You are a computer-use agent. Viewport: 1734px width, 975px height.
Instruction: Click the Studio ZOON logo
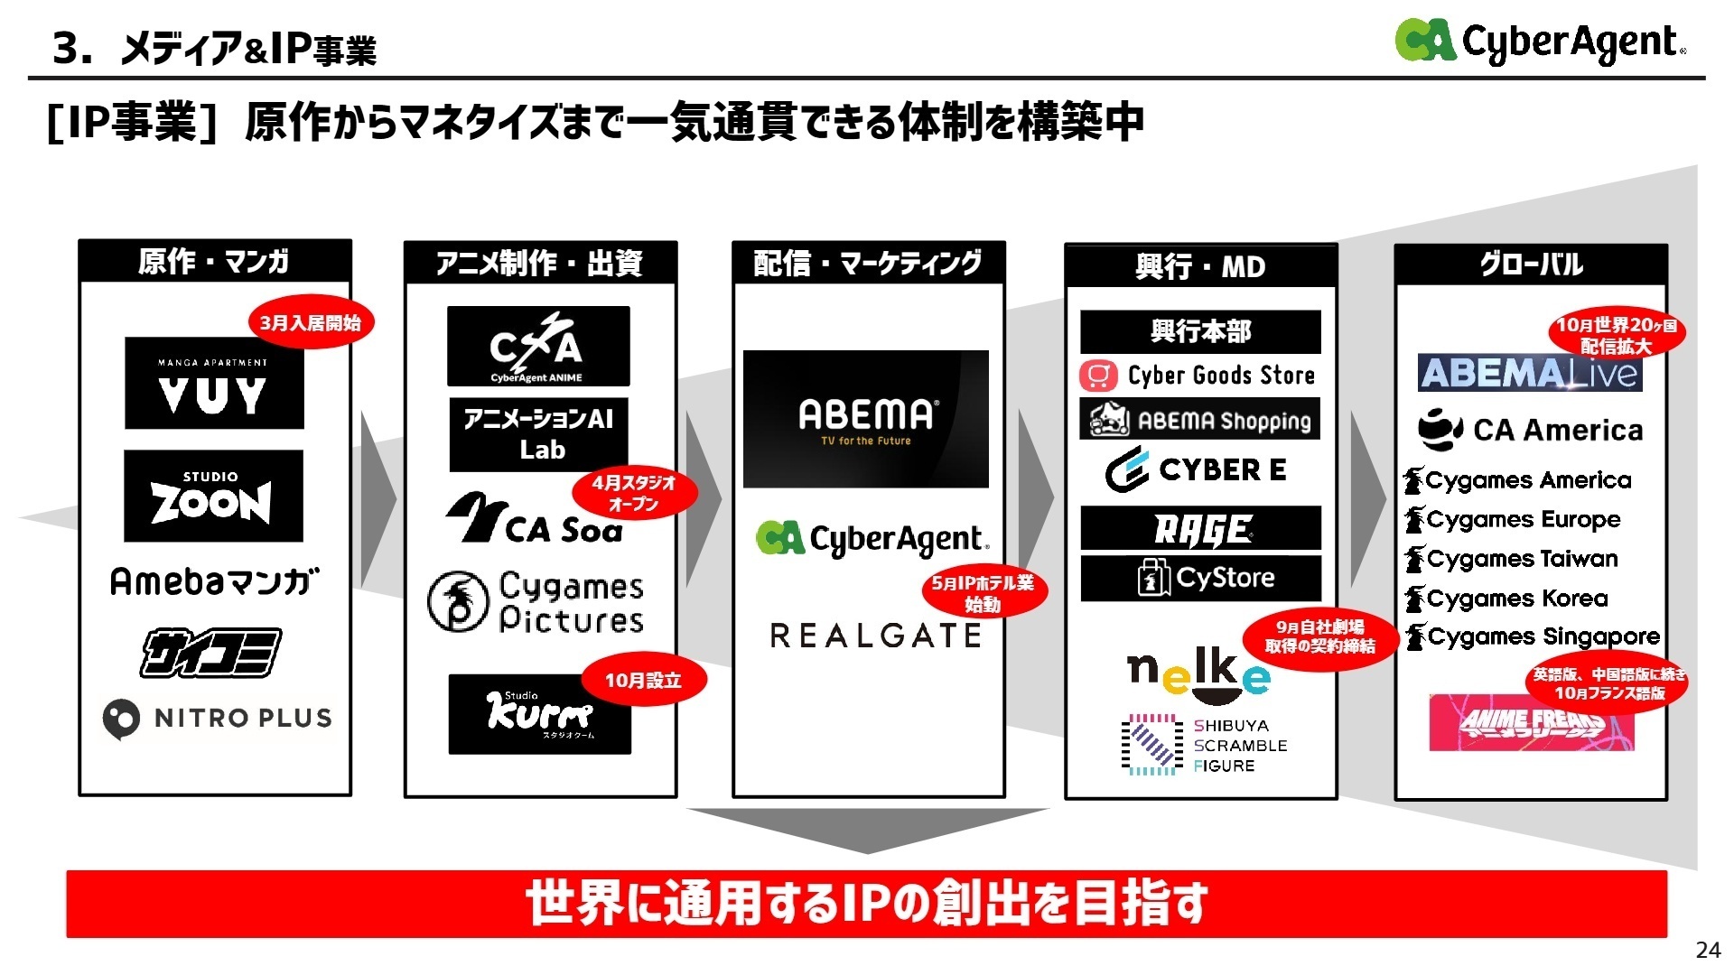pos(213,496)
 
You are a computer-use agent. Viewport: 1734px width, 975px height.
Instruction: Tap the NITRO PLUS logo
pos(217,719)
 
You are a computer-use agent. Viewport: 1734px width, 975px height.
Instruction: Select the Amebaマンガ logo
pos(214,581)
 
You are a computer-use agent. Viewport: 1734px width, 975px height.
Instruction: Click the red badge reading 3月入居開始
pos(310,322)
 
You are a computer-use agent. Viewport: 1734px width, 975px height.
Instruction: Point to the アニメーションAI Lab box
pos(539,434)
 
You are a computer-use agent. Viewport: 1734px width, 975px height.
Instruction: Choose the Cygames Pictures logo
pos(536,602)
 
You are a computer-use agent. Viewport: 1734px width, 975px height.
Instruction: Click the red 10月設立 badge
pos(642,680)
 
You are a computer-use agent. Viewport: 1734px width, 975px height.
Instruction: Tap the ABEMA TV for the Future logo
pos(865,419)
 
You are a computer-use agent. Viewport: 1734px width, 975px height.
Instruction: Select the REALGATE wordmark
pos(875,636)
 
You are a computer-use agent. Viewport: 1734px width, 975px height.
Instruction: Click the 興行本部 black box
pos(1200,331)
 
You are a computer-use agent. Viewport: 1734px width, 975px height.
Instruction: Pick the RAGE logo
pos(1200,529)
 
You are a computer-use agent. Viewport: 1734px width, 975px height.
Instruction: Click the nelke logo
pos(1198,674)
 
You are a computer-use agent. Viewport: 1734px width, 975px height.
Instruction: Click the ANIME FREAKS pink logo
pos(1532,722)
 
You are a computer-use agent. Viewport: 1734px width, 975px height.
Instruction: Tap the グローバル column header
pos(1531,265)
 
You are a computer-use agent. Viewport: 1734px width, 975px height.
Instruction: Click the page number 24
pos(1708,950)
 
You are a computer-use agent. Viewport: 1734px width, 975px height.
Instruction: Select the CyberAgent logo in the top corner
pos(1540,42)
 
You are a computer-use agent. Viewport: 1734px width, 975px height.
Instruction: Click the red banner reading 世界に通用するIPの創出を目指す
pos(866,904)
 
